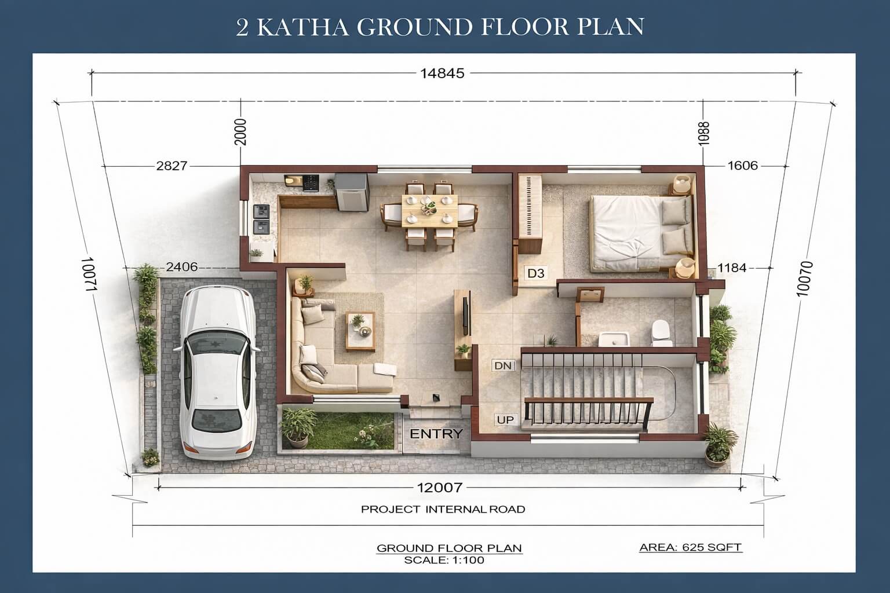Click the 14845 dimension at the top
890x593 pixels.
442,74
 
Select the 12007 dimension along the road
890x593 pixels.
440,488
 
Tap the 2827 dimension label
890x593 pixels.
172,166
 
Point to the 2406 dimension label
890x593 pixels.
181,267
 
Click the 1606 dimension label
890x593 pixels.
743,165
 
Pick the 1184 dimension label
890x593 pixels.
732,268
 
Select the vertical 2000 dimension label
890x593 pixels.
240,132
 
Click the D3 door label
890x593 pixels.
535,273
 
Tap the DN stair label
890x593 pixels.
504,365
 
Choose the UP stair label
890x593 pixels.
505,420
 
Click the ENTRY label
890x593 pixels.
436,434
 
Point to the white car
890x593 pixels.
217,372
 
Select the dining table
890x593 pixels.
429,211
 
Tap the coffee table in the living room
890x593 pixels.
360,332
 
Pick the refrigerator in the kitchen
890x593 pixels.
352,193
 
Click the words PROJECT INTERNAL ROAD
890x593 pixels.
443,509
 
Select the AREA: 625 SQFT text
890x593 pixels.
691,547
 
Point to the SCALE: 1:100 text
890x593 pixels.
444,561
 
